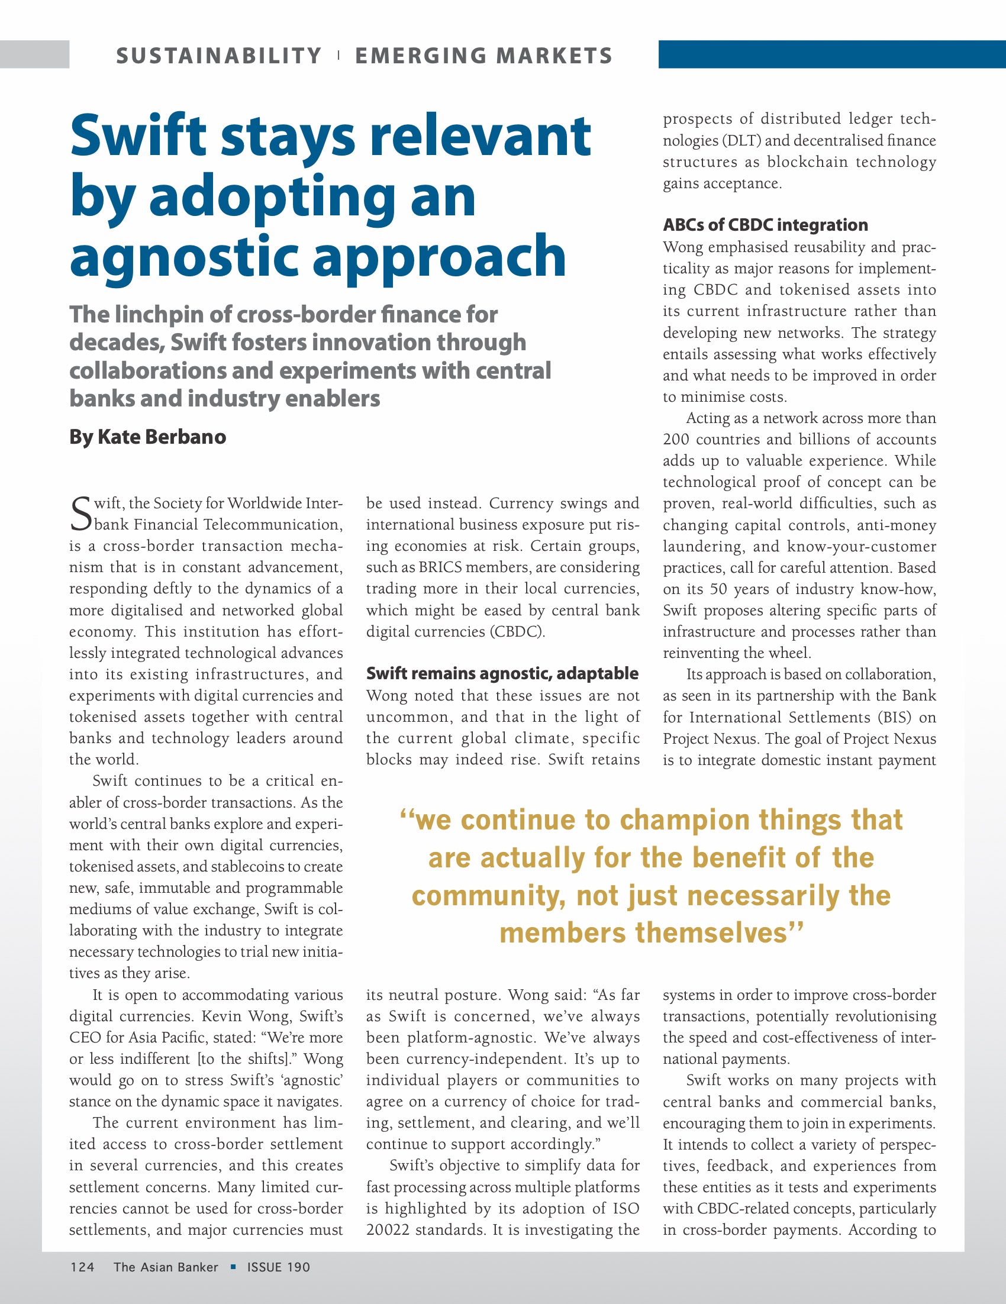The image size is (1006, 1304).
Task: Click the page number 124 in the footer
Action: point(82,1267)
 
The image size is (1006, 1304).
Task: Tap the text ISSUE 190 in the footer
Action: point(279,1267)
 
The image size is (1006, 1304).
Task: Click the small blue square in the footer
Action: point(233,1266)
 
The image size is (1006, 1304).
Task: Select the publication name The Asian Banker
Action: point(165,1267)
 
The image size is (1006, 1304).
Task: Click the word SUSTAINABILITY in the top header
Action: point(218,56)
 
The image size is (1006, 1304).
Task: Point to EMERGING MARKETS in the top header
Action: point(483,56)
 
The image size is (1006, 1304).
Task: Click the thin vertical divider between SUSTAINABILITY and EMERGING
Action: point(338,56)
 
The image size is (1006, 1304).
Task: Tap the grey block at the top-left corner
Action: point(34,54)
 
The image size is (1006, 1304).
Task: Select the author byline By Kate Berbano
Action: point(147,437)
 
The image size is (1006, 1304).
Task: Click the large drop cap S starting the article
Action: point(80,514)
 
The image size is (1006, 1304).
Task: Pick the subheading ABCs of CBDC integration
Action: point(765,225)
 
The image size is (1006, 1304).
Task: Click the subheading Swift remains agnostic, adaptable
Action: point(502,673)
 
